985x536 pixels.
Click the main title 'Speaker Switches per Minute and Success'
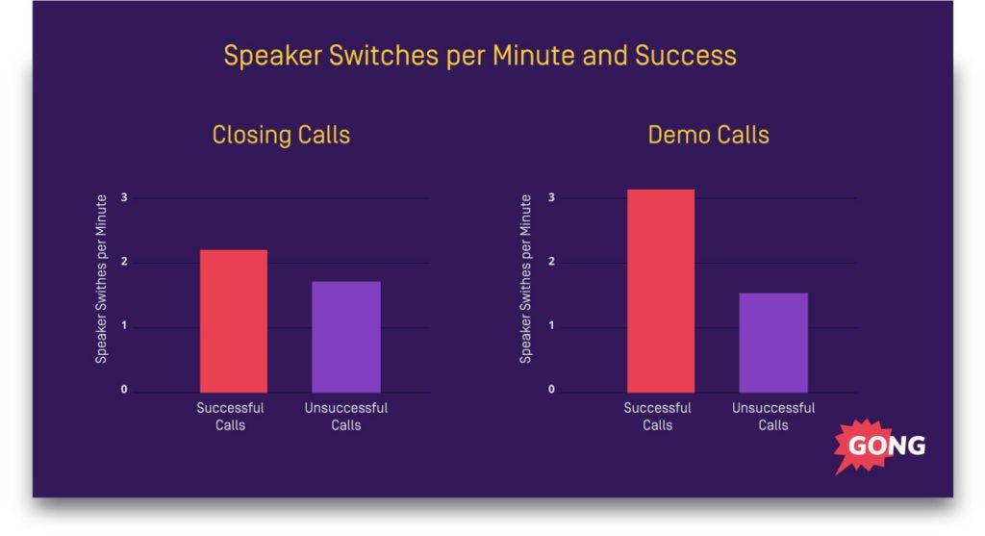coord(480,56)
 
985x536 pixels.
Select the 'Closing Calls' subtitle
coord(281,134)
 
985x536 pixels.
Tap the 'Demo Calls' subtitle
coord(708,134)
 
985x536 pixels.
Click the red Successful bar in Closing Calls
coord(233,320)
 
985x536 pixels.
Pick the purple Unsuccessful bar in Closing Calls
coord(345,337)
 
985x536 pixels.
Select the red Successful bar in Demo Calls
coord(660,291)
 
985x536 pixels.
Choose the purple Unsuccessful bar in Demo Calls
coord(772,343)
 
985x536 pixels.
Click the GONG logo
coord(881,447)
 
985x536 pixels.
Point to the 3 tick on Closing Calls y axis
coord(124,198)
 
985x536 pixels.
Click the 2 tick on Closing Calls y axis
coord(124,263)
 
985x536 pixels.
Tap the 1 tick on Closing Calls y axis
coord(124,327)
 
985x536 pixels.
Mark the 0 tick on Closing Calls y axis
coord(124,390)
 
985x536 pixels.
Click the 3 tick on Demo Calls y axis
coord(551,198)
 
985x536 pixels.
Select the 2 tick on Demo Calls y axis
coord(551,263)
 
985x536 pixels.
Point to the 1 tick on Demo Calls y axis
coord(551,327)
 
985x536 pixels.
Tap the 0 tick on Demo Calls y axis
coord(551,390)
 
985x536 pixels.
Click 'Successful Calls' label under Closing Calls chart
coord(231,416)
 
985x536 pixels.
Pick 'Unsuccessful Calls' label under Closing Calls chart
coord(345,416)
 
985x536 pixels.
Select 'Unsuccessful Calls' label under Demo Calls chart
coord(772,416)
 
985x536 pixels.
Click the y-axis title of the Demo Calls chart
coord(526,279)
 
